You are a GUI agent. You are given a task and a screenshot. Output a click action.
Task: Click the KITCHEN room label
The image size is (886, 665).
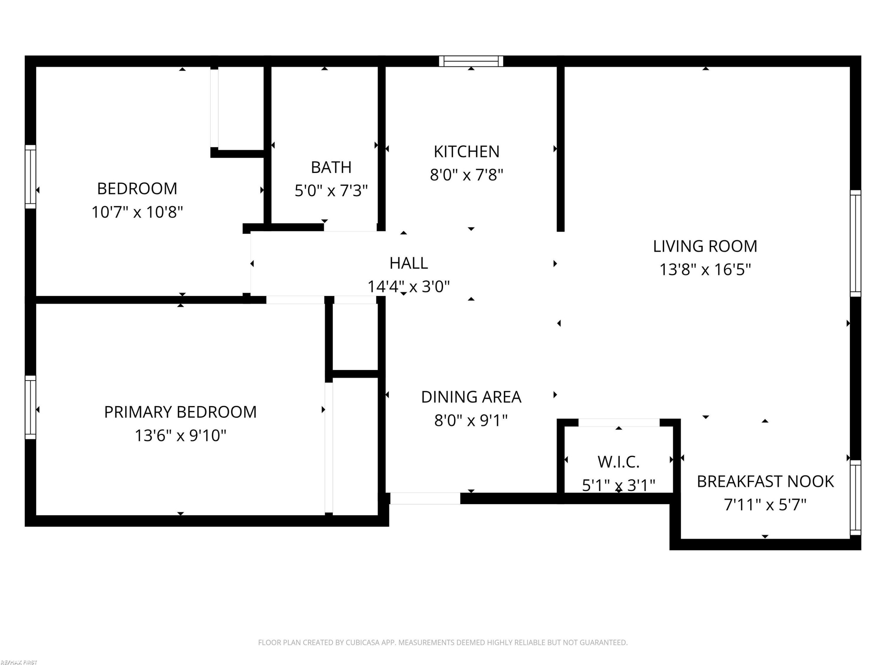[x=467, y=152]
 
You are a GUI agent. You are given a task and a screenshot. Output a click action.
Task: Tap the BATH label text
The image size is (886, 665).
[x=331, y=167]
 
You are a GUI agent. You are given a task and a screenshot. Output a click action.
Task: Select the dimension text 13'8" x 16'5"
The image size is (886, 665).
[x=705, y=269]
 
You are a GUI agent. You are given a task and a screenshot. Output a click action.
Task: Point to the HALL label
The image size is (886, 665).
[x=408, y=263]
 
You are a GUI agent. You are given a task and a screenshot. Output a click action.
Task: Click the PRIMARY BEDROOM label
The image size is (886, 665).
[x=180, y=412]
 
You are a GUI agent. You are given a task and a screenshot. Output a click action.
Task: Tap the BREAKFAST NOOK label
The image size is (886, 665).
[x=765, y=481]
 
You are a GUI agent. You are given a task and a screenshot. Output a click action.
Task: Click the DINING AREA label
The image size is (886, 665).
[x=471, y=397]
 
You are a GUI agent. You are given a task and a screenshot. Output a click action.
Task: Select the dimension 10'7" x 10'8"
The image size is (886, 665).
[x=137, y=212]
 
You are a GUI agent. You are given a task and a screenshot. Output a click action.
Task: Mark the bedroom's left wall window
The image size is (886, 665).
[x=30, y=177]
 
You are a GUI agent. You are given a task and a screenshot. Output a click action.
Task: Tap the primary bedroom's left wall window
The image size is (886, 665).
[x=30, y=407]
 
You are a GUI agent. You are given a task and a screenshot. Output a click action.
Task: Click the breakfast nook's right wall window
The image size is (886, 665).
[x=856, y=497]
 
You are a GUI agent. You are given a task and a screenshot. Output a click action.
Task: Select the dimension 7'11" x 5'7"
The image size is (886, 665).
[x=765, y=505]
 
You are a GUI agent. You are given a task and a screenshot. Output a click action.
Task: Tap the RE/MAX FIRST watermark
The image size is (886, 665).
[x=19, y=662]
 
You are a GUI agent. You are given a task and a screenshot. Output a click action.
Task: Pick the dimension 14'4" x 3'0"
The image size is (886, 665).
[x=408, y=287]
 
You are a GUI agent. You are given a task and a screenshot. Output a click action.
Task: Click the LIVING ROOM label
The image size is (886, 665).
[x=705, y=246]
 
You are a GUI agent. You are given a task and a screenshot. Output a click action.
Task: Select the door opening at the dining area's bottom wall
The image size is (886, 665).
[x=425, y=498]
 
